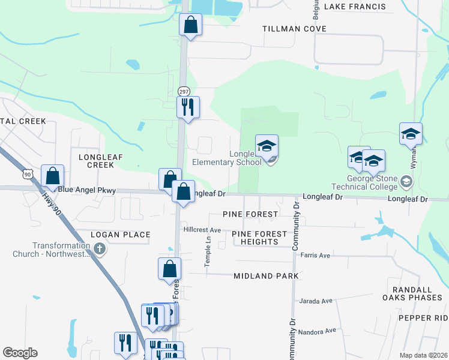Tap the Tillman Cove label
click(294, 29)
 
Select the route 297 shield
click(184, 91)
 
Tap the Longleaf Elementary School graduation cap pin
click(267, 146)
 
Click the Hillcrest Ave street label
click(202, 230)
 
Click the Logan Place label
click(120, 234)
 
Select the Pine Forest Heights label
click(255, 238)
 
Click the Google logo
click(20, 353)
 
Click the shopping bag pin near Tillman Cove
click(190, 25)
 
